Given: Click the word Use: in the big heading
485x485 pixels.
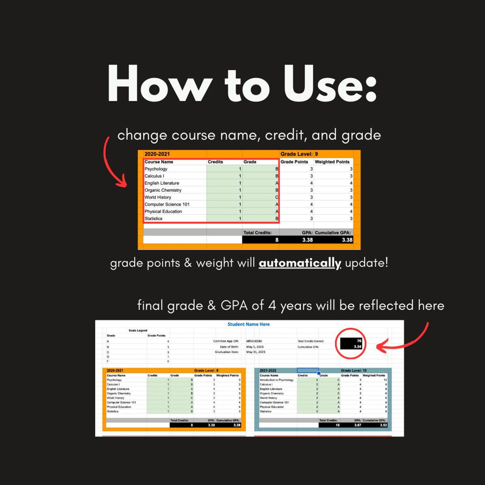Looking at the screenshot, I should tap(330, 84).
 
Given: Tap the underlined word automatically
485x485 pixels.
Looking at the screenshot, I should tap(300, 263).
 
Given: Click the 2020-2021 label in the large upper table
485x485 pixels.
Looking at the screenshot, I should tap(157, 154).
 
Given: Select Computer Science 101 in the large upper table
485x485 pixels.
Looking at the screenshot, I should tap(167, 204).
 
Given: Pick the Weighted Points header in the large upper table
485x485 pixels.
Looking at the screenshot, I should tap(332, 162).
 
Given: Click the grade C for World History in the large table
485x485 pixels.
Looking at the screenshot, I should tap(277, 197).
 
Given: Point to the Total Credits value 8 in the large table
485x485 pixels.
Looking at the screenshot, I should tap(277, 240).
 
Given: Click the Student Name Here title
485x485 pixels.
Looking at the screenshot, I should tap(249, 324).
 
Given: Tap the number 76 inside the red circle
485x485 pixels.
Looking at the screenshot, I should tap(359, 341).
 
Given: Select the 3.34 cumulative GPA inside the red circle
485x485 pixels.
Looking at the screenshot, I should tap(357, 347).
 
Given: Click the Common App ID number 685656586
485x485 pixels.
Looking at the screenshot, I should tap(254, 341).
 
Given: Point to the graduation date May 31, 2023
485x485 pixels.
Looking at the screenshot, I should tap(256, 352).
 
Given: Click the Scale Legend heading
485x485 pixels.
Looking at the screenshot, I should tap(138, 330).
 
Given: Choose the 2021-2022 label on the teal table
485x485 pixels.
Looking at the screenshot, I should tap(268, 370).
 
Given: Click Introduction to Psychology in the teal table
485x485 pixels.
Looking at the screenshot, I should tap(276, 380).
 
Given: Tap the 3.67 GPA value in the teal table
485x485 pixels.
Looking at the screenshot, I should tap(358, 425).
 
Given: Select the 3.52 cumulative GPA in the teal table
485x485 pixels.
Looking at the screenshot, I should tap(383, 425).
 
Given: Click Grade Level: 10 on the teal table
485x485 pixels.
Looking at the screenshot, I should tap(354, 370).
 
